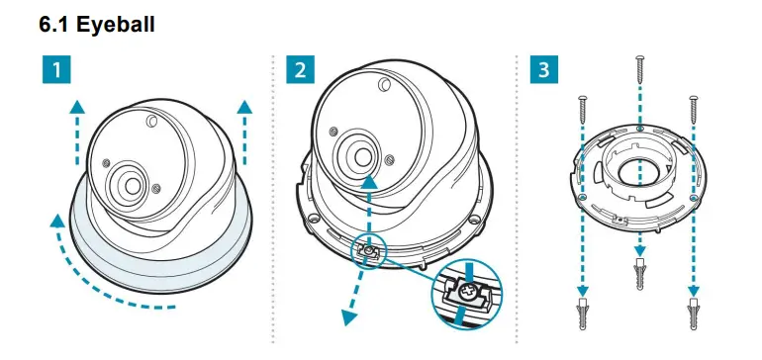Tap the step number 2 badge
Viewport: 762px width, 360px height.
click(x=301, y=71)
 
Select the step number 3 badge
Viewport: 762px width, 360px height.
click(x=542, y=71)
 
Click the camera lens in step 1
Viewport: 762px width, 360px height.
click(x=130, y=182)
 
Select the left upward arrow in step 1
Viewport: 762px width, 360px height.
click(x=77, y=129)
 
